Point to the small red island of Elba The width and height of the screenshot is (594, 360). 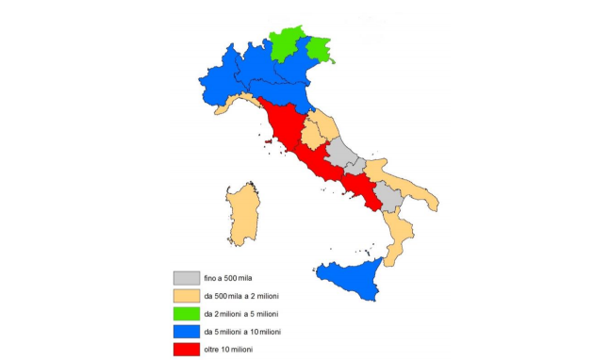[269, 143]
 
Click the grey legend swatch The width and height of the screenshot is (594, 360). [186, 278]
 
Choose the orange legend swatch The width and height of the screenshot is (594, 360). [186, 296]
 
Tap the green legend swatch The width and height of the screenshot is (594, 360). [186, 314]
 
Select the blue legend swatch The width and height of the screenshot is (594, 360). [186, 332]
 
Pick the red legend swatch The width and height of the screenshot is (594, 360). [186, 350]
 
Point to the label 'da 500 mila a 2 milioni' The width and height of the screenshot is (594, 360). [247, 297]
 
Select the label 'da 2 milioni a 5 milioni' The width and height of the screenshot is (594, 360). [248, 314]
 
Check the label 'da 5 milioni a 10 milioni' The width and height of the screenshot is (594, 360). [250, 332]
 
